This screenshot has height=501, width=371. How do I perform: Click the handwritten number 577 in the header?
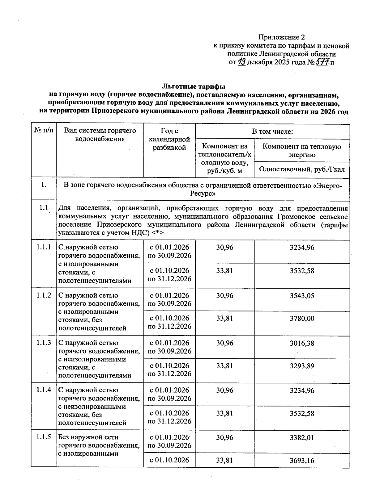322,62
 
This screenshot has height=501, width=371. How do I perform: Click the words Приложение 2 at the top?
281,37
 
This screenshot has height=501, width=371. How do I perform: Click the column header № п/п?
43,131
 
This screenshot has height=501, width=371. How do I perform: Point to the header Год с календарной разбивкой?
169,139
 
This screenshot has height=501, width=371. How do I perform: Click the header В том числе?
272,132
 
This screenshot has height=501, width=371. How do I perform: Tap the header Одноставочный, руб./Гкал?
302,169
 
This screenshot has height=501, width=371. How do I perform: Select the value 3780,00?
302,318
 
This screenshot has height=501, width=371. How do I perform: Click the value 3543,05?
302,296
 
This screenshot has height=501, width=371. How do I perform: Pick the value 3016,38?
302,343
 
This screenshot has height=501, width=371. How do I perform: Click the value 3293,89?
302,366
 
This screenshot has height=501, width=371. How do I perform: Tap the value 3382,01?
302,438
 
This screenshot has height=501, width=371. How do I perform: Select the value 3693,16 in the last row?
302,461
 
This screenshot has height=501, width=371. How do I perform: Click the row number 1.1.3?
43,343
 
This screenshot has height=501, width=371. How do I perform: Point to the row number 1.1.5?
43,437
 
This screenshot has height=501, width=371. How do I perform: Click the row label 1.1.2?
43,295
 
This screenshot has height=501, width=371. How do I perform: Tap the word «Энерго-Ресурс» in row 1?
328,185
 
